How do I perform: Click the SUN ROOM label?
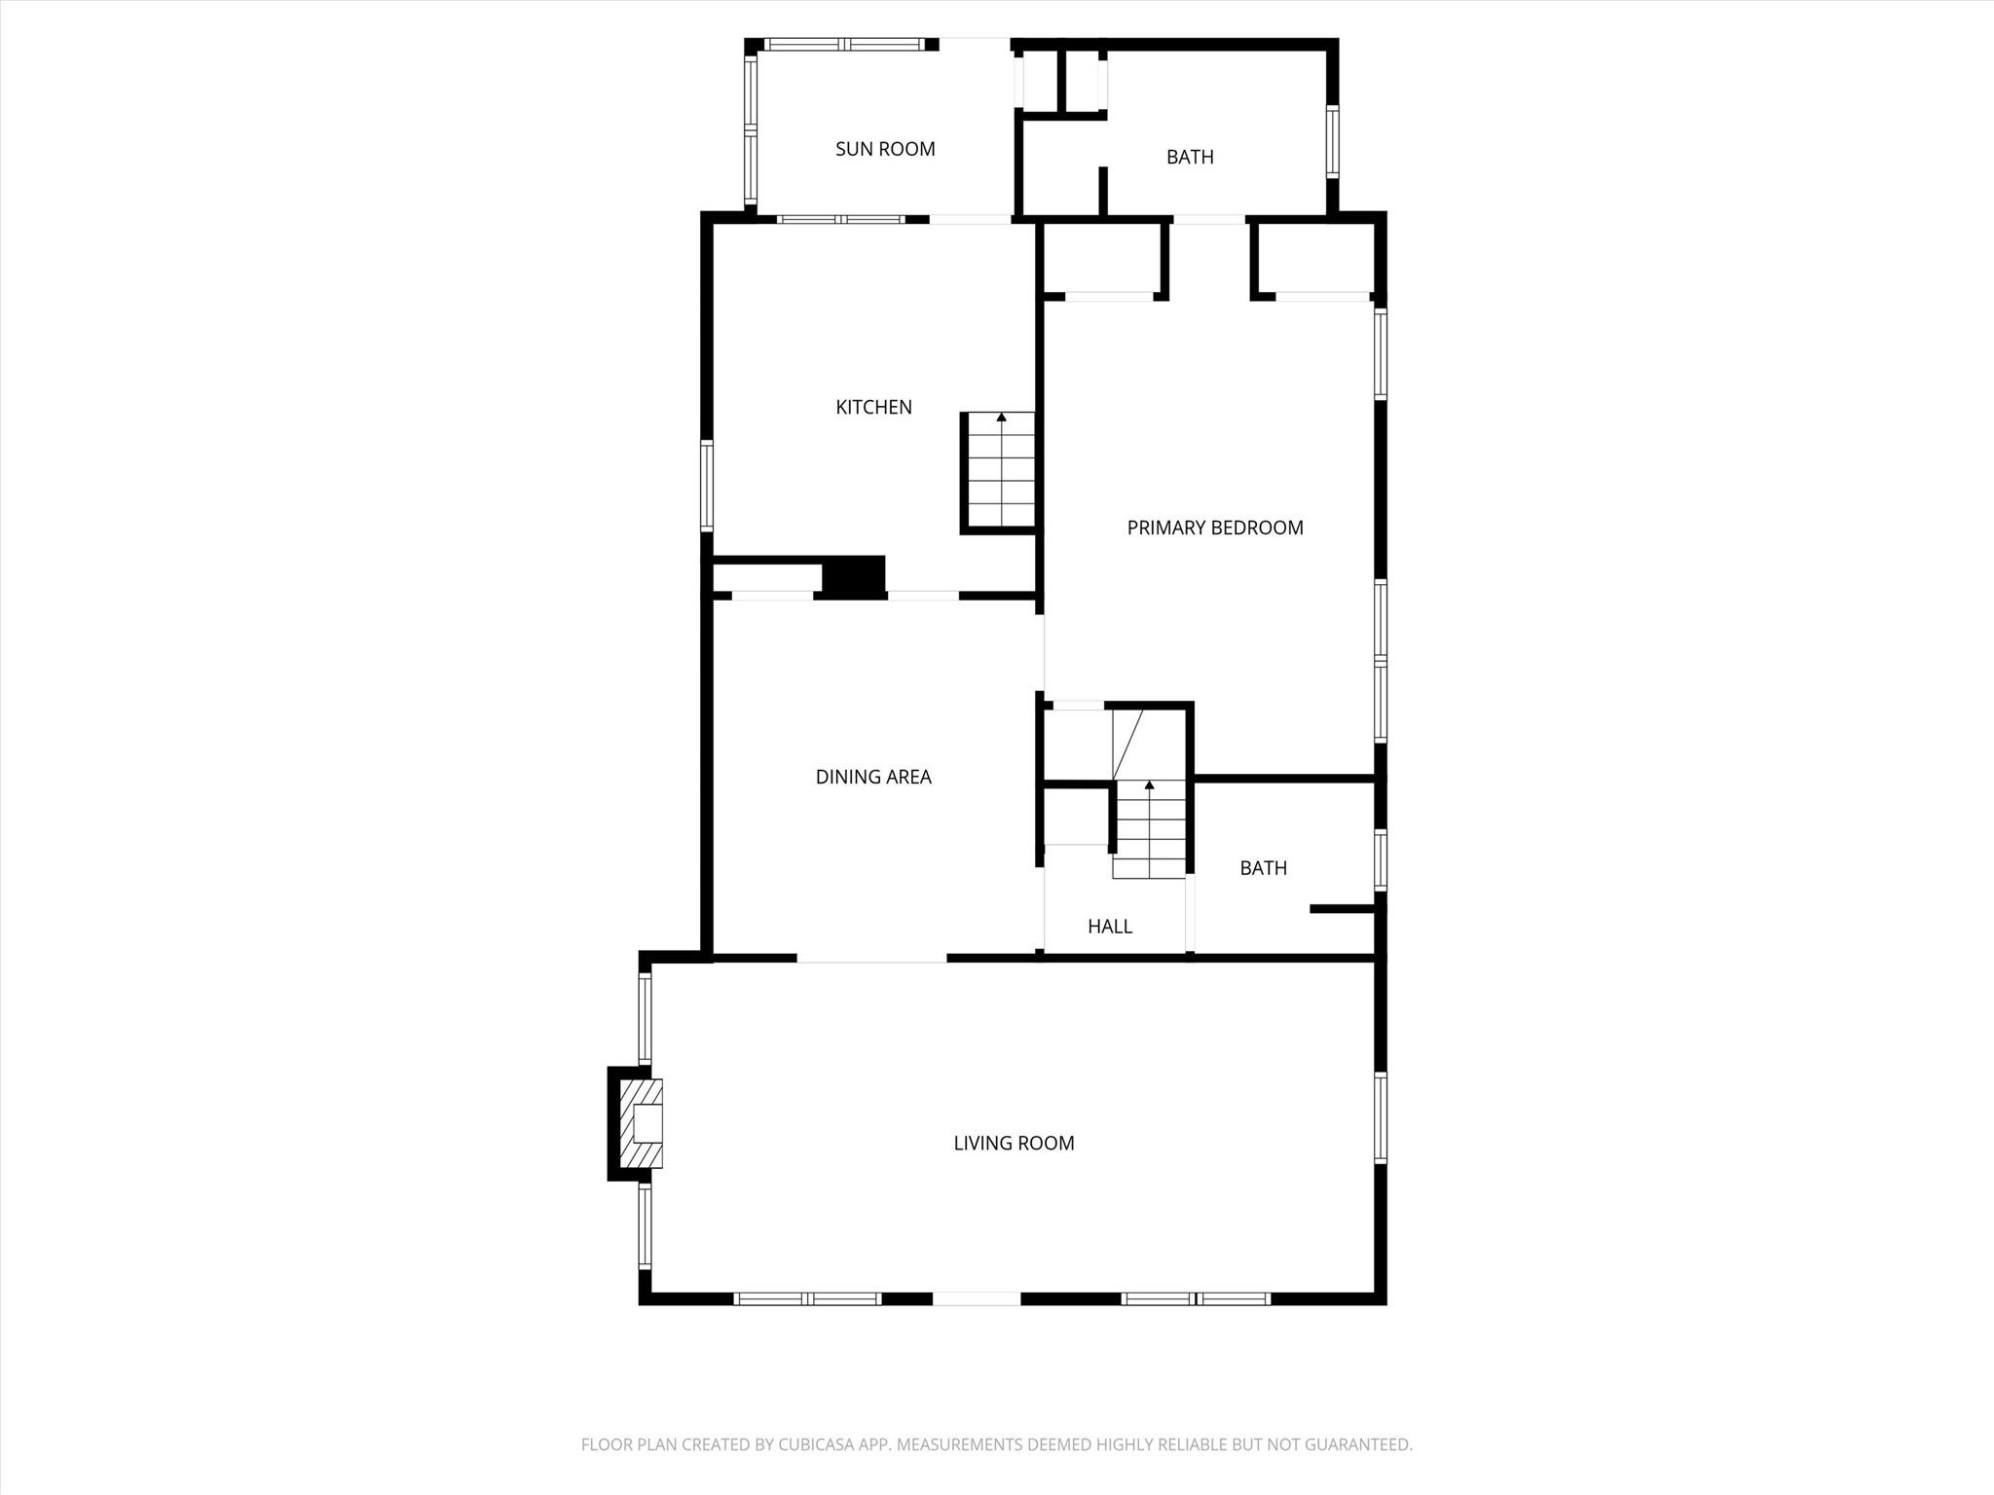point(885,149)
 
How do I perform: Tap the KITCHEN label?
point(873,407)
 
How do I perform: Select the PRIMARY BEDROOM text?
point(1214,528)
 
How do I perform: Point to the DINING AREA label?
point(873,777)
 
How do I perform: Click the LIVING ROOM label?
point(1014,1144)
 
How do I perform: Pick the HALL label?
point(1110,927)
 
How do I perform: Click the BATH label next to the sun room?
point(1190,157)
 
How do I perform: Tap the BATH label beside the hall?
point(1263,868)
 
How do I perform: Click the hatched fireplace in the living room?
point(642,1123)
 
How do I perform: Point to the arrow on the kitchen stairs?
point(1001,418)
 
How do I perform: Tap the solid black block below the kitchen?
point(854,576)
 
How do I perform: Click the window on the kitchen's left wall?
point(707,486)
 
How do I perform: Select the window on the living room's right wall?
point(1380,1116)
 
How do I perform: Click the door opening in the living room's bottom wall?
point(977,1298)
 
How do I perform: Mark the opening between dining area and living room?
point(871,959)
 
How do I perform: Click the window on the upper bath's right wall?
point(1332,141)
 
